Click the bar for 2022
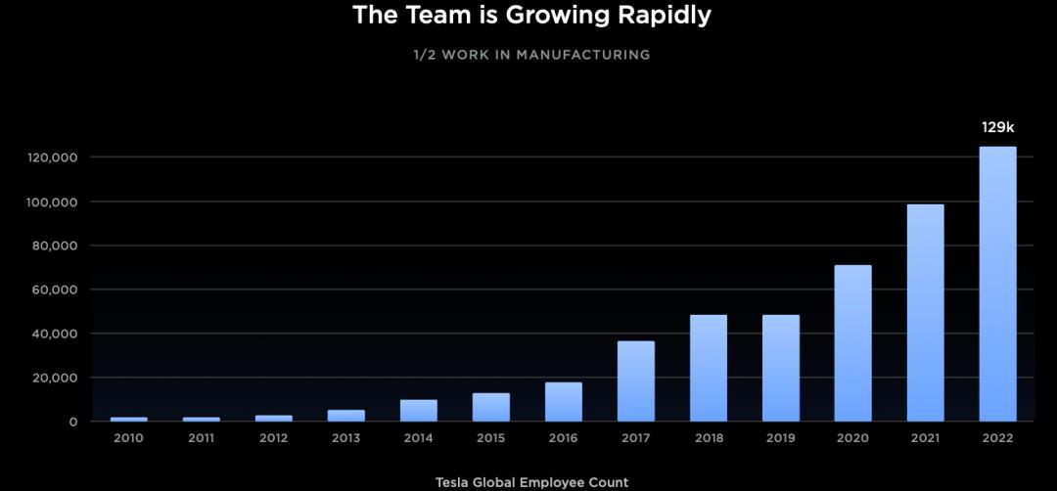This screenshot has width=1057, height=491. (x=997, y=284)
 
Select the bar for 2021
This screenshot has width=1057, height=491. (x=925, y=313)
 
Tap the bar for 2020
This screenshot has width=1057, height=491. (x=852, y=343)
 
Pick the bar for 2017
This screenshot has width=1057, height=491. (x=635, y=381)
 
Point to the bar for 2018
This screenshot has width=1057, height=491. (x=708, y=368)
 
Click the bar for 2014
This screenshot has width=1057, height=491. (x=418, y=411)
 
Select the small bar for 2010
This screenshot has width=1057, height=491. (x=128, y=419)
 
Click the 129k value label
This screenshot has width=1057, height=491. (x=998, y=127)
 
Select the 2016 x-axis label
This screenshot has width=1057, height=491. (x=563, y=438)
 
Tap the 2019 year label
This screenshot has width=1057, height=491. (x=780, y=438)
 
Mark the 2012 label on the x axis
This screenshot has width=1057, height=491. (x=273, y=438)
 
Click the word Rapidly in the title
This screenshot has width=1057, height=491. (x=657, y=16)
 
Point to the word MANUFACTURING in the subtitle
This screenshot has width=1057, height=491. (x=584, y=55)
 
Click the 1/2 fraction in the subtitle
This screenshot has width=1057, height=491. (x=424, y=55)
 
